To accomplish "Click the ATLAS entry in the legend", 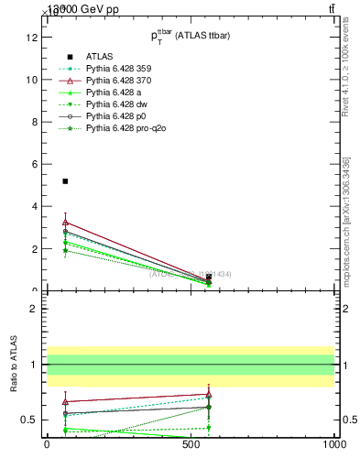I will (98, 57).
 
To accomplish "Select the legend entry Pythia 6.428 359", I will (117, 69).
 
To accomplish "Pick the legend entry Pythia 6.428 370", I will (117, 81).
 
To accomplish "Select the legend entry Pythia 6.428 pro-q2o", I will (122, 128).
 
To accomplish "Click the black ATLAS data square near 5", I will (65, 181).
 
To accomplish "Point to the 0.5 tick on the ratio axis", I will (28, 420).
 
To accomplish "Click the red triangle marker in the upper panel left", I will (65, 222).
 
